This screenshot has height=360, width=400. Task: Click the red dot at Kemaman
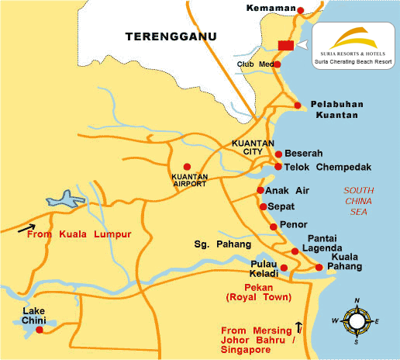pyautogui.click(x=301, y=9)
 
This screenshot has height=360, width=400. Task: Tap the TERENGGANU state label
pyautogui.click(x=172, y=35)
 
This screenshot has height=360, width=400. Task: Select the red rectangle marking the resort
pyautogui.click(x=285, y=45)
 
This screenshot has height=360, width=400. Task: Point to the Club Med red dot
pyautogui.click(x=277, y=64)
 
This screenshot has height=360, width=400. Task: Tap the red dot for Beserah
pyautogui.click(x=279, y=154)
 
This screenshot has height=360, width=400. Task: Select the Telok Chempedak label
pyautogui.click(x=318, y=167)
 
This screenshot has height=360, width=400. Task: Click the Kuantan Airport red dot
pyautogui.click(x=186, y=167)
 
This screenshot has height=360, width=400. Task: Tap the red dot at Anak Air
pyautogui.click(x=260, y=191)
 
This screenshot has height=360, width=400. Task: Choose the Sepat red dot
pyautogui.click(x=264, y=207)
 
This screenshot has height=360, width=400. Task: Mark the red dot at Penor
pyautogui.click(x=273, y=227)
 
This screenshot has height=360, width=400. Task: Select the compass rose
pyautogui.click(x=357, y=320)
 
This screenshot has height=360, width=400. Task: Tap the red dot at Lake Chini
pyautogui.click(x=40, y=330)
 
